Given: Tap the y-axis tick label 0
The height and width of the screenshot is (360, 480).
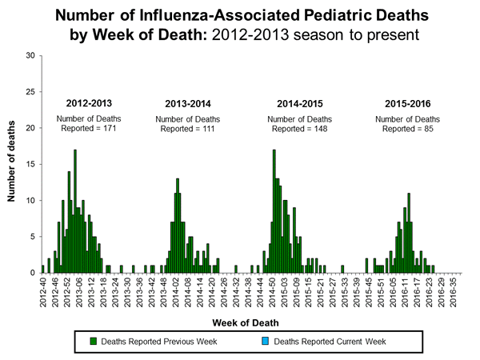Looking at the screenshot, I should pos(31,273).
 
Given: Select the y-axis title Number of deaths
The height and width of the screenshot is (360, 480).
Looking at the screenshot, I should pos(13,163).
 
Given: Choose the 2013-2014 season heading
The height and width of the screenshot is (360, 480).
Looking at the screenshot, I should pos(188,104).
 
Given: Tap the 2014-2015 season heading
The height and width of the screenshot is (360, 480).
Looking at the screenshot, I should pos(299,104).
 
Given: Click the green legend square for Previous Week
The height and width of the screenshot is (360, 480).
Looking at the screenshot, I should pos(94,342).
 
